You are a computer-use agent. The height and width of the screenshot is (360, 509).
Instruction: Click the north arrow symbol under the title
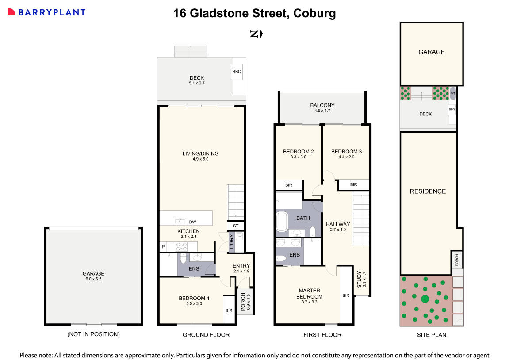256,34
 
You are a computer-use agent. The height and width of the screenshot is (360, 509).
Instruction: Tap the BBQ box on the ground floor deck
237,72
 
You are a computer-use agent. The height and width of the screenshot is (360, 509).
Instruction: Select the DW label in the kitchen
192,222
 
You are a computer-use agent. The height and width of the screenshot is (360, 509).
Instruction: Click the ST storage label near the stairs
235,226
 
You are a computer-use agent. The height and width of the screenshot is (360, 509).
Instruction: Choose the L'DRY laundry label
231,242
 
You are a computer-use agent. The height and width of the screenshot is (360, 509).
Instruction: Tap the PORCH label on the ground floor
242,301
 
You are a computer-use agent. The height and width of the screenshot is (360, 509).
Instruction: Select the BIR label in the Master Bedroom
346,295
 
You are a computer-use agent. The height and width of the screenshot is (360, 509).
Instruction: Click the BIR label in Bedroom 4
229,310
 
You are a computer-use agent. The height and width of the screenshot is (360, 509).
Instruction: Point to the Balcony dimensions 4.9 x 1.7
322,111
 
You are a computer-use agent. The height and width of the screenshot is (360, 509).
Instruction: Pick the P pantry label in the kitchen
163,247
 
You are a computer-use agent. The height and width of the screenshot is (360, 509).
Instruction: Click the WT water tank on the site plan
452,94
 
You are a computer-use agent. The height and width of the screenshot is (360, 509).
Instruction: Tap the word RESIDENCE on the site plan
427,191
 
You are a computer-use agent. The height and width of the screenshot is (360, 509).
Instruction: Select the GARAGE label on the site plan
431,52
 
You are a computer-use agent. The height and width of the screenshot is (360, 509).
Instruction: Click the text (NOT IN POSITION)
93,334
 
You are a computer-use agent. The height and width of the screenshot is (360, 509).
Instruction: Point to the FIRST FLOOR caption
322,335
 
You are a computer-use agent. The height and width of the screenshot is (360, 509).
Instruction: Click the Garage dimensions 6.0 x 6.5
93,279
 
